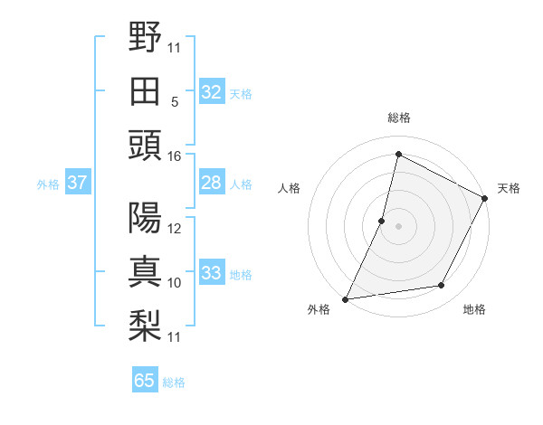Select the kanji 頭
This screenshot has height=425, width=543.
point(146,145)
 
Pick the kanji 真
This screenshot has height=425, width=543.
point(146,272)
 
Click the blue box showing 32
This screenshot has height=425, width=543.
point(212,92)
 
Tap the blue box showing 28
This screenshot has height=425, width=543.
point(212,184)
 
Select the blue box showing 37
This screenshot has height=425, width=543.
point(77,184)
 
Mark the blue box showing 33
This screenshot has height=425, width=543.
point(212,273)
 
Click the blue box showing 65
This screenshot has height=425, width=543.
point(145,381)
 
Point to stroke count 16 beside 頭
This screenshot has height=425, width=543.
point(175,156)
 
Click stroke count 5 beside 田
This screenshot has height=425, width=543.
point(175,101)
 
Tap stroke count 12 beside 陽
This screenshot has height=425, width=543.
point(175,229)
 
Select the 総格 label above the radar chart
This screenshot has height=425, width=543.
point(399,118)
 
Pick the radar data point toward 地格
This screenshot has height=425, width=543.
point(442,286)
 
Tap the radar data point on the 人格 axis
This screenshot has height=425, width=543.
point(382,221)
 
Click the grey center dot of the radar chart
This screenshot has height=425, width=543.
point(399,226)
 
